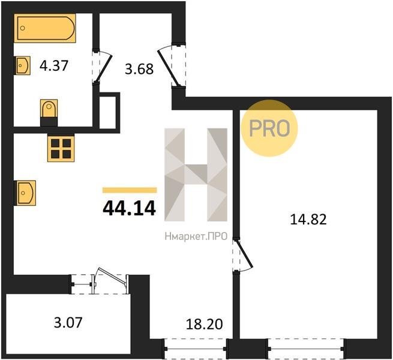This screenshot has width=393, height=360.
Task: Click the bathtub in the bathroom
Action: [x=45, y=28]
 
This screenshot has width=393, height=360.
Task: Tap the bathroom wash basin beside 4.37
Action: [x=23, y=65]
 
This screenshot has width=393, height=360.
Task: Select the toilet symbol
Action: [x=49, y=113]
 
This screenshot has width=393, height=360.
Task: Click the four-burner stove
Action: [x=61, y=148]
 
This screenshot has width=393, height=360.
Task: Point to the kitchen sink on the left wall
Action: [x=26, y=193]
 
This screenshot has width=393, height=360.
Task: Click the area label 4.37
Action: [x=54, y=66]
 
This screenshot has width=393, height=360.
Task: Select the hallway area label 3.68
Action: [x=139, y=69]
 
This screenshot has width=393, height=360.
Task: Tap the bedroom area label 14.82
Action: [x=308, y=220]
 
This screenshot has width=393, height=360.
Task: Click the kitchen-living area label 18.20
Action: [x=204, y=324]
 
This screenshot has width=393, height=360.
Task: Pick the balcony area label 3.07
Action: [x=68, y=322]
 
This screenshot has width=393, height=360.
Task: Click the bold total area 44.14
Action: [x=130, y=209]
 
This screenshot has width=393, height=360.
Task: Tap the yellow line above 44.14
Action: [x=130, y=190]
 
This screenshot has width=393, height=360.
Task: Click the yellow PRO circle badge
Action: [x=269, y=128]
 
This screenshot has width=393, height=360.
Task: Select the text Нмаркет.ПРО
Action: [x=196, y=236]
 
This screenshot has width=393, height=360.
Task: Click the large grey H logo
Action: [x=196, y=175]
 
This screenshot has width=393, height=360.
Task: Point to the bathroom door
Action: [x=103, y=66]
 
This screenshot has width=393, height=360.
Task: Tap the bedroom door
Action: [x=242, y=254]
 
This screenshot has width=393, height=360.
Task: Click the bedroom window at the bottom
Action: [x=306, y=349]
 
